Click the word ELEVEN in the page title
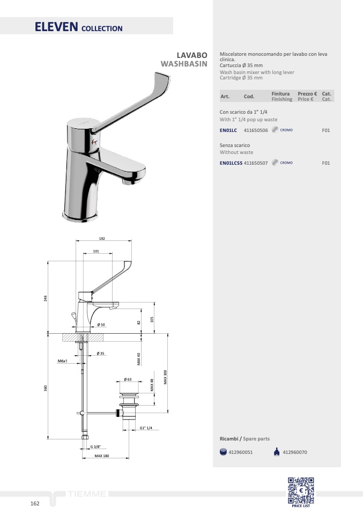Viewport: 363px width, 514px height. point(56,27)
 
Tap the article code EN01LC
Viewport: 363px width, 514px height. point(228,130)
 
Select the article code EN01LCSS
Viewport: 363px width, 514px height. point(231,163)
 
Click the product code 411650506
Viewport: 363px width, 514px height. point(256,130)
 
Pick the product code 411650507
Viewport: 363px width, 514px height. point(256,163)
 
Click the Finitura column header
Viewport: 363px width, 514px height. point(280,94)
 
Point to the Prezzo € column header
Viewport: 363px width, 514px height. point(307,94)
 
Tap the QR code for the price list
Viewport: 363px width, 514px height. point(301,490)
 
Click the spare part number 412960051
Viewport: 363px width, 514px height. point(240,452)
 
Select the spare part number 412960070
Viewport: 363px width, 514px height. point(295,452)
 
